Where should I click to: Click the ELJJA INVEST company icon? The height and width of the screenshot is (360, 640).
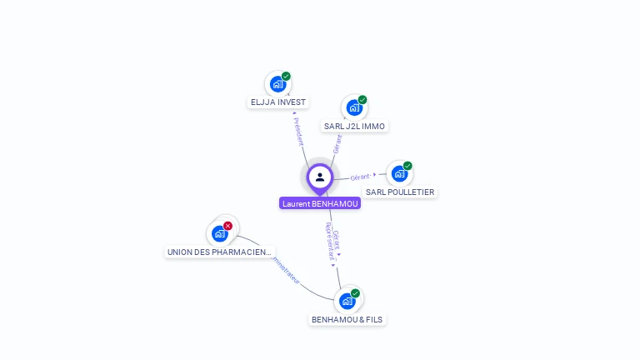[277, 84]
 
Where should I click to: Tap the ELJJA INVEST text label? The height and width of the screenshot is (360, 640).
[278, 102]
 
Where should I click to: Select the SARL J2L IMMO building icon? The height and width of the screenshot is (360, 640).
[354, 107]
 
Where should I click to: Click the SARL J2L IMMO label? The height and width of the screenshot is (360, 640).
[354, 127]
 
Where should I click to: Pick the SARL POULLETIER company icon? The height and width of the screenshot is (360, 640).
[399, 173]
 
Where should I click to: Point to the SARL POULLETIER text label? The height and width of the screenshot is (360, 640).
[400, 192]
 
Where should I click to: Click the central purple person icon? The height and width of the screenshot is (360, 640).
[320, 177]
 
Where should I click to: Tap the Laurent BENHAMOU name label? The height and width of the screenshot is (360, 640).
[320, 203]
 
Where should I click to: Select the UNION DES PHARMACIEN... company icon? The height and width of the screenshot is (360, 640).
[220, 233]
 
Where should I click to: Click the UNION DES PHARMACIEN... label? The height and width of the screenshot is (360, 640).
[219, 252]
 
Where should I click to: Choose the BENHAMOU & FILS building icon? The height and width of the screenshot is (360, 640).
[347, 301]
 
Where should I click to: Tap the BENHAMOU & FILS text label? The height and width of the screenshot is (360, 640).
[347, 320]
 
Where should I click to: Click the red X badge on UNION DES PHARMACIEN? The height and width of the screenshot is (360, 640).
[227, 226]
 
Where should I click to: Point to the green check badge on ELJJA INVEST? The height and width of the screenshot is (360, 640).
[286, 77]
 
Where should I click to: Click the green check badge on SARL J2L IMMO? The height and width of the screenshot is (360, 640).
[362, 100]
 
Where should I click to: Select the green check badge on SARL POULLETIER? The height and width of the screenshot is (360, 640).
[407, 166]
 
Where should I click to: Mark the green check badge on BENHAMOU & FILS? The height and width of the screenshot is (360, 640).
[355, 293]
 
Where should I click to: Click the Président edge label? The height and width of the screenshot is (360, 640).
[297, 131]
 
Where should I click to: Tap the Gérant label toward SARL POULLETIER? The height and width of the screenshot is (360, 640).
[360, 177]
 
